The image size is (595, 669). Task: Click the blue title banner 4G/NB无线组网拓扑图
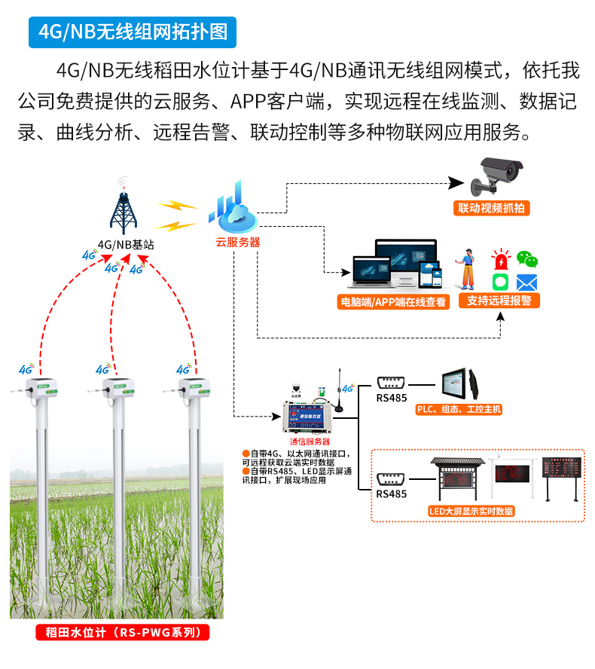pos(133,33)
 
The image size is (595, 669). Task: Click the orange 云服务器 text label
pos(237,242)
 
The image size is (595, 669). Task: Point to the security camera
pos(499,176)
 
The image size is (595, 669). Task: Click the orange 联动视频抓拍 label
pos(490,208)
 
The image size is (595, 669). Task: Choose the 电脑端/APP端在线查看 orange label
pos(392,302)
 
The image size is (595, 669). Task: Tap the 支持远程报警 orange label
pos(498,301)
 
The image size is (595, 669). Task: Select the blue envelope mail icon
pos(526,283)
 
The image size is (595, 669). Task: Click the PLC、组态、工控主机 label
pos(459,410)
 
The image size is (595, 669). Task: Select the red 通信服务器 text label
pos(310,441)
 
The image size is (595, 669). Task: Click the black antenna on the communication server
pos(339,390)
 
